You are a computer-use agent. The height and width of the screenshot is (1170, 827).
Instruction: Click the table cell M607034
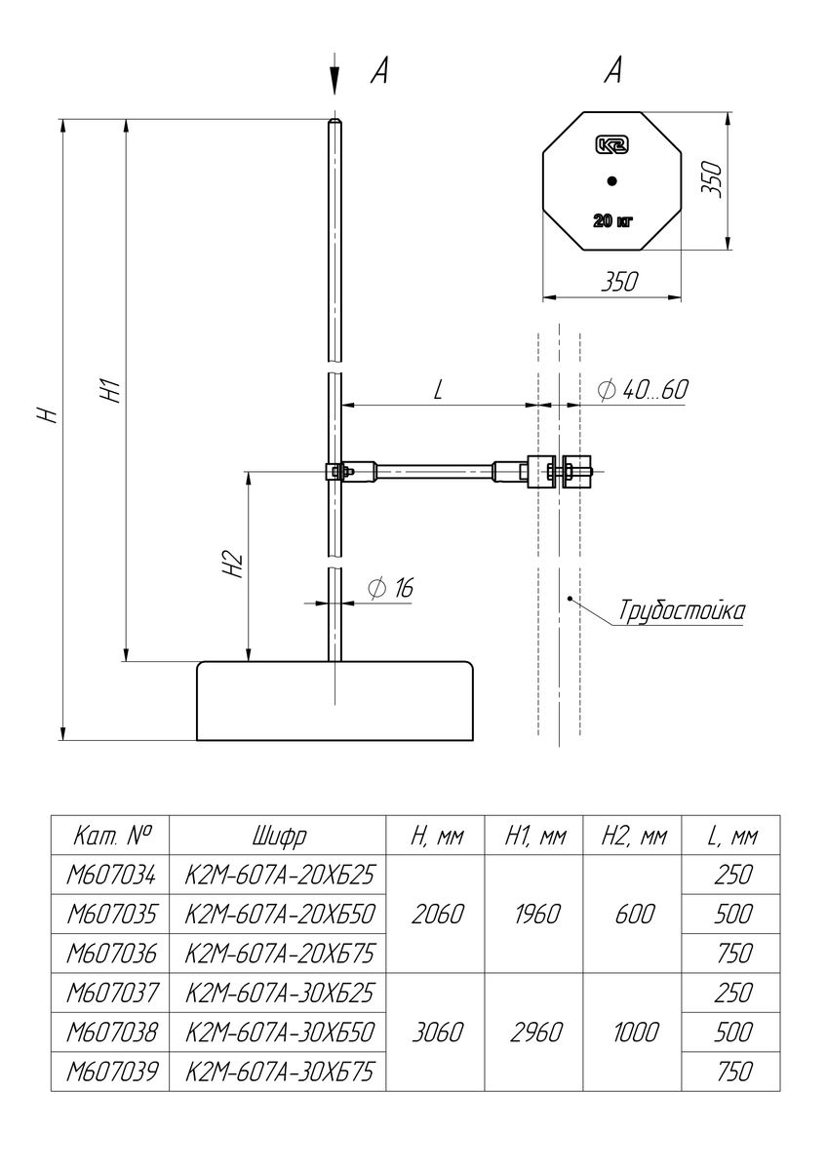pyautogui.click(x=110, y=875)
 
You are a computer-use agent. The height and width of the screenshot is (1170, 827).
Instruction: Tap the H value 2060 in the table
pyautogui.click(x=437, y=914)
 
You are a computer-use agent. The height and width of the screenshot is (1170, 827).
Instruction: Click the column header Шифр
pyautogui.click(x=279, y=836)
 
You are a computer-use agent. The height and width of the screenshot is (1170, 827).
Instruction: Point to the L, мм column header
pyautogui.click(x=732, y=837)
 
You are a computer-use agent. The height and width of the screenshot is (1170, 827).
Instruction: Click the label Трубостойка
pyautogui.click(x=682, y=610)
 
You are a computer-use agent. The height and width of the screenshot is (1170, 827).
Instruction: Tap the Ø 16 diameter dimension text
pyautogui.click(x=390, y=588)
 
